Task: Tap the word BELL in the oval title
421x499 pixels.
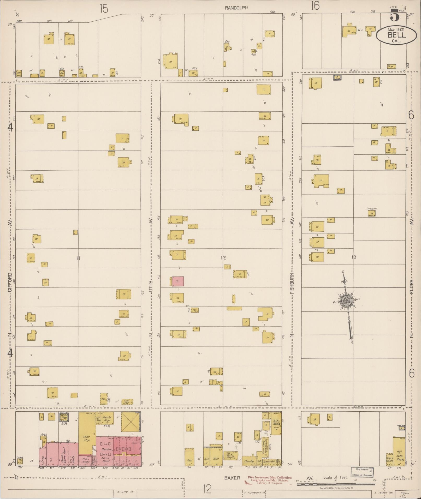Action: (x=396, y=35)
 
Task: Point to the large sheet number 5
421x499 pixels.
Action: (x=395, y=16)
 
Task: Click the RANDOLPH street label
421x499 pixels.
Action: (x=236, y=8)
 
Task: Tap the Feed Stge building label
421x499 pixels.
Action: (x=86, y=439)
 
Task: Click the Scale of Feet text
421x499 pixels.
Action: (x=335, y=477)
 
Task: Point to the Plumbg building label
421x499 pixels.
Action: (x=249, y=461)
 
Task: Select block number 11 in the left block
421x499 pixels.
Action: (x=78, y=258)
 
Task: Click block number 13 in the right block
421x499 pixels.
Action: (x=354, y=257)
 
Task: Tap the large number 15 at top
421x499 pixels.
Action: (x=104, y=9)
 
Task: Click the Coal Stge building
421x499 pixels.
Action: (x=127, y=401)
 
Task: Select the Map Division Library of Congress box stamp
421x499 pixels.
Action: (x=361, y=471)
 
